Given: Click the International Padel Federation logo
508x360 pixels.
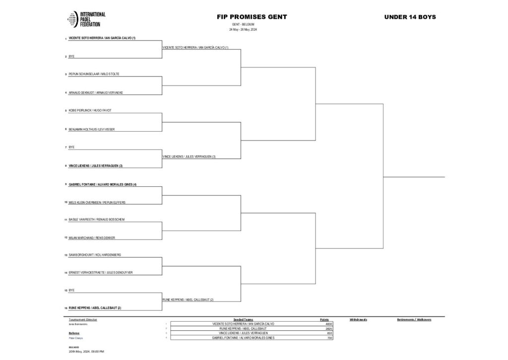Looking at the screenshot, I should tap(86, 19).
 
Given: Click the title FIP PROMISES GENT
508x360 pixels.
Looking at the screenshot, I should tap(252, 17).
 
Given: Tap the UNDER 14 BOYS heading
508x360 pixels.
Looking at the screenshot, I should tap(410, 17).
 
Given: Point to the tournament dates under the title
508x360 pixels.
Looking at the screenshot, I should tap(243, 29).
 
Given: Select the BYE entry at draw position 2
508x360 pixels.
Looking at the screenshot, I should tap(71, 56).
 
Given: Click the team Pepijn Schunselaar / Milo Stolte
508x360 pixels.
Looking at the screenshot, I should tap(94, 74).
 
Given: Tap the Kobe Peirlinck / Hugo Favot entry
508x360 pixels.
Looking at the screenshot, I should tap(90, 110).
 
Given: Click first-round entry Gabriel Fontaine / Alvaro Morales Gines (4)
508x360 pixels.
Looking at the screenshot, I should tap(102, 184).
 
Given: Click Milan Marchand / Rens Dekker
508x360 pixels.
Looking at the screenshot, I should tap(92, 238).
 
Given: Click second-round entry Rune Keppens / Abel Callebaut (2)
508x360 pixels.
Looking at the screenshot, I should tap(188, 300).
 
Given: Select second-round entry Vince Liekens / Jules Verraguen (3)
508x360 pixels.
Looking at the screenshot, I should tap(189, 156).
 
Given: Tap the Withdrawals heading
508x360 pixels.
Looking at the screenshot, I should tap(358, 319).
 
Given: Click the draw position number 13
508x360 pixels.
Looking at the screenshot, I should tap(65, 255).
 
